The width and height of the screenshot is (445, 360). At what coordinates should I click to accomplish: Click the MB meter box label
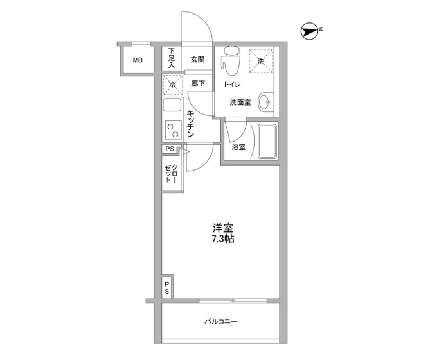click(138, 60)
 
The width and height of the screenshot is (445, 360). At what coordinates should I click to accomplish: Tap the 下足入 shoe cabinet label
click(171, 58)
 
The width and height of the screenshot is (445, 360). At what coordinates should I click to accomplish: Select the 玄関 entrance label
click(197, 59)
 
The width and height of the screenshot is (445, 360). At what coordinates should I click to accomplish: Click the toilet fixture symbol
click(230, 61)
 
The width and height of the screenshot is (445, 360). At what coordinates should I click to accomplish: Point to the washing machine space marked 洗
click(261, 61)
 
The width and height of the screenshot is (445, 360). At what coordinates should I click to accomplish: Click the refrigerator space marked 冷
click(172, 84)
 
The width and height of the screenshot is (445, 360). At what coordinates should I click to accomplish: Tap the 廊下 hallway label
click(198, 83)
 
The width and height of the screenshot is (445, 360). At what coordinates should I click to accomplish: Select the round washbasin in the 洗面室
click(265, 102)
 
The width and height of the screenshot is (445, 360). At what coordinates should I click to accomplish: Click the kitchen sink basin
click(172, 106)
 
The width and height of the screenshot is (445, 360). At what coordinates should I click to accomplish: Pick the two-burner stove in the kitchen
click(173, 130)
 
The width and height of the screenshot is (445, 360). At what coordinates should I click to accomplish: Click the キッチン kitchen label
click(190, 124)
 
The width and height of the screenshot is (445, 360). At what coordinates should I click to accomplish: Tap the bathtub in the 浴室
click(267, 141)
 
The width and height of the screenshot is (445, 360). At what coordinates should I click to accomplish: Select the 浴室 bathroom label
click(238, 147)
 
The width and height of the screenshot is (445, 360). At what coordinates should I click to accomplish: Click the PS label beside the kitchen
click(170, 149)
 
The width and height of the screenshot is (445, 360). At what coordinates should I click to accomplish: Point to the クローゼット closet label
click(171, 173)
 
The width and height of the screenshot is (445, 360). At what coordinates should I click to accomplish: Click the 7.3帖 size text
click(223, 239)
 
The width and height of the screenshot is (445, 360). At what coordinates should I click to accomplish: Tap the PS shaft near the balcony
click(167, 287)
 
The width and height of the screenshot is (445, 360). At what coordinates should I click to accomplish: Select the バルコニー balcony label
click(221, 322)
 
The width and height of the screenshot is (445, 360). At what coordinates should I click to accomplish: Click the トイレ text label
click(232, 84)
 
